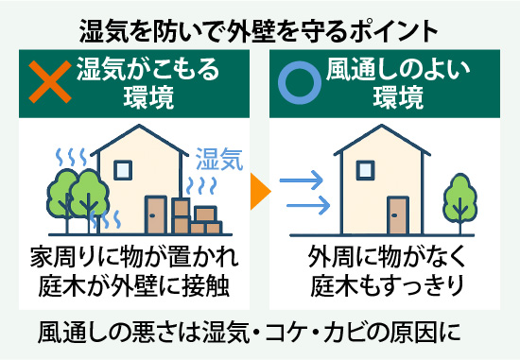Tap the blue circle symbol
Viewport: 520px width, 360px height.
[298, 83]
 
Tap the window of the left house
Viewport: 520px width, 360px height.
[122, 169]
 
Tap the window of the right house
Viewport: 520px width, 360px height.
[362, 169]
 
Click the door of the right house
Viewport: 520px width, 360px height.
[394, 218]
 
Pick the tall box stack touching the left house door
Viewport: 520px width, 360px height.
[182, 216]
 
